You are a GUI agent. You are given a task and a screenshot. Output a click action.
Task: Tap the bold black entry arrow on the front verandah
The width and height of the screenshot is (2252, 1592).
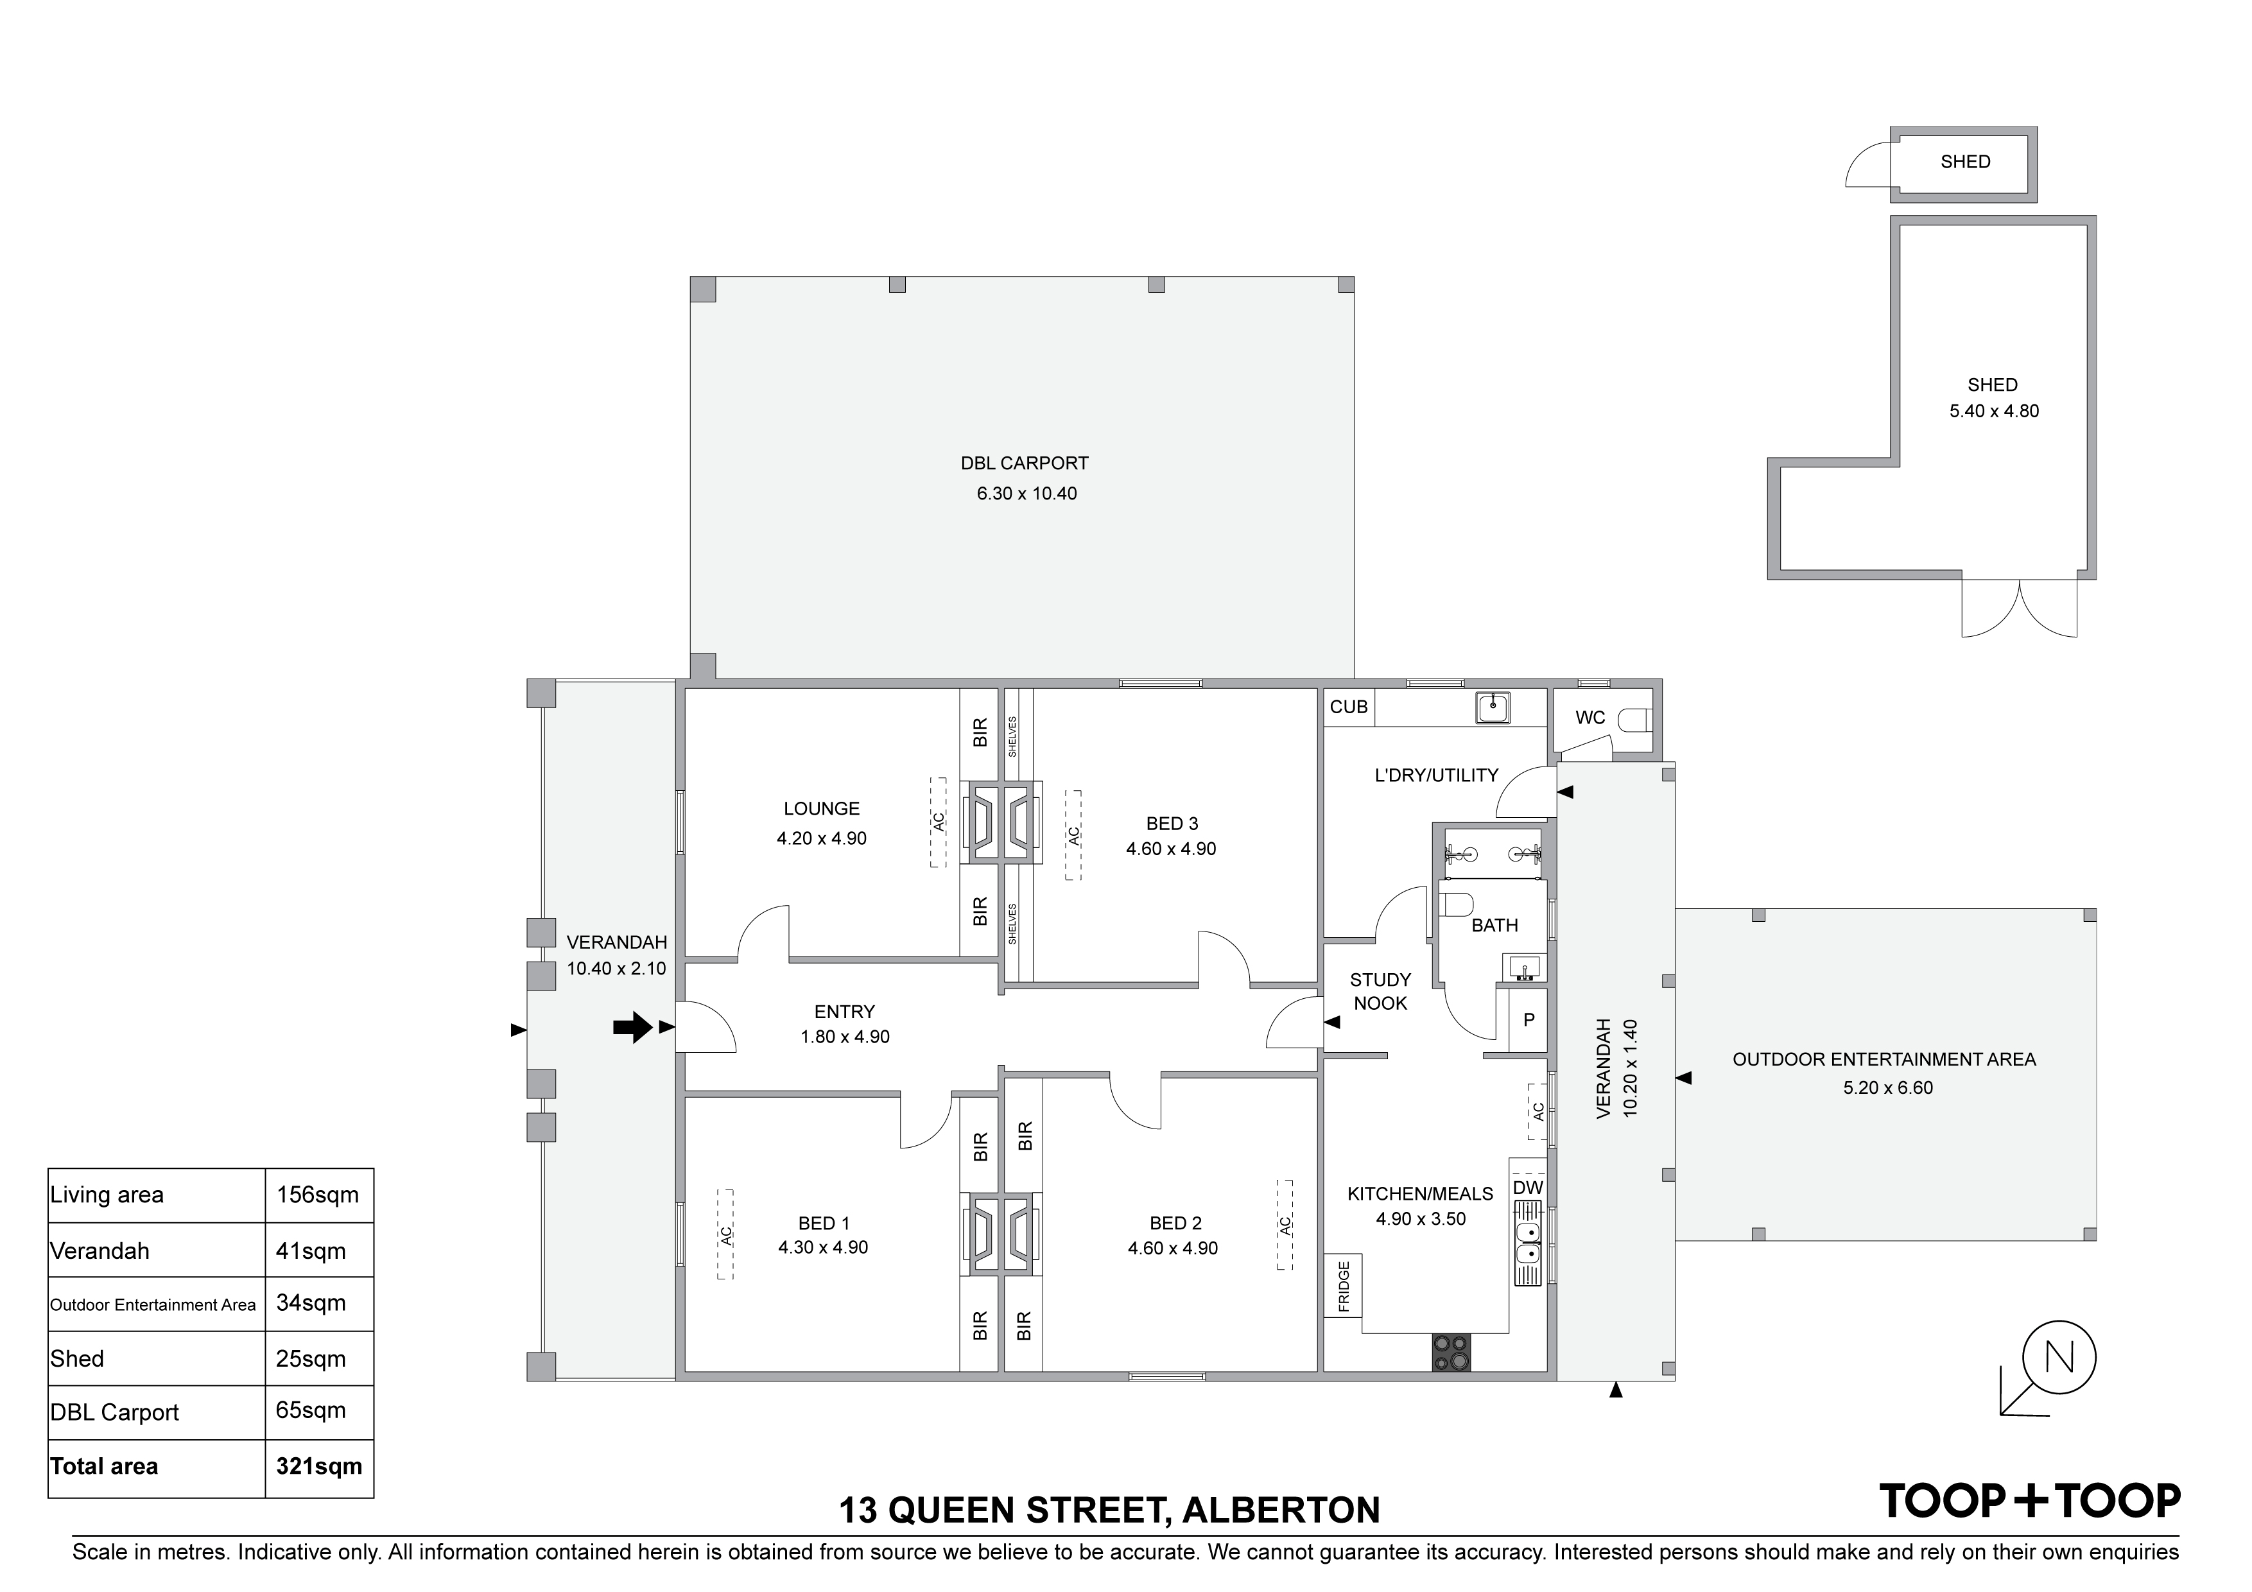632,1027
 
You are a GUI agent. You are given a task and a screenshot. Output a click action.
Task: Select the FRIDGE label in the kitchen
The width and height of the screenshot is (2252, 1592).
1344,1286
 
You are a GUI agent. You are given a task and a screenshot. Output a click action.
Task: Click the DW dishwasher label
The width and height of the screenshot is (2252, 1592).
1528,1188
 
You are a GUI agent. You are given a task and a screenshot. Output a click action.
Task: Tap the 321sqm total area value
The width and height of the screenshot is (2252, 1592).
319,1466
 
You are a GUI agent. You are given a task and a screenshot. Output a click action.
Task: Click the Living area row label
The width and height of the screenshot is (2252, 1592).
107,1195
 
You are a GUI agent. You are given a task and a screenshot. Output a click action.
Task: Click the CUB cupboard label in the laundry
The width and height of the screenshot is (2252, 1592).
1349,707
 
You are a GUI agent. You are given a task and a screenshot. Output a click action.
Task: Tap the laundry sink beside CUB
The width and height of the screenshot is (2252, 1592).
1493,707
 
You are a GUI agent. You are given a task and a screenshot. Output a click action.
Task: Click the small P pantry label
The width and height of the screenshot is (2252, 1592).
1528,1020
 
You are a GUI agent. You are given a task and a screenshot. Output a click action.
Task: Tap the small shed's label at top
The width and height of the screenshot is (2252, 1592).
1966,162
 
